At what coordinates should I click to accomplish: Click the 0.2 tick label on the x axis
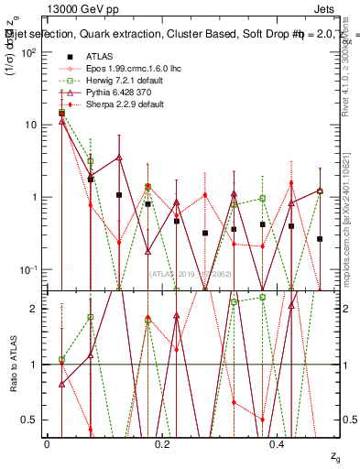[162, 443]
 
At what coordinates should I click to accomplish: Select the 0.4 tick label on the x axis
[278, 443]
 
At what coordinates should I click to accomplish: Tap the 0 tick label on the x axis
[47, 443]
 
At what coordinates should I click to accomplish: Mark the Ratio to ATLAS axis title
[12, 365]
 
